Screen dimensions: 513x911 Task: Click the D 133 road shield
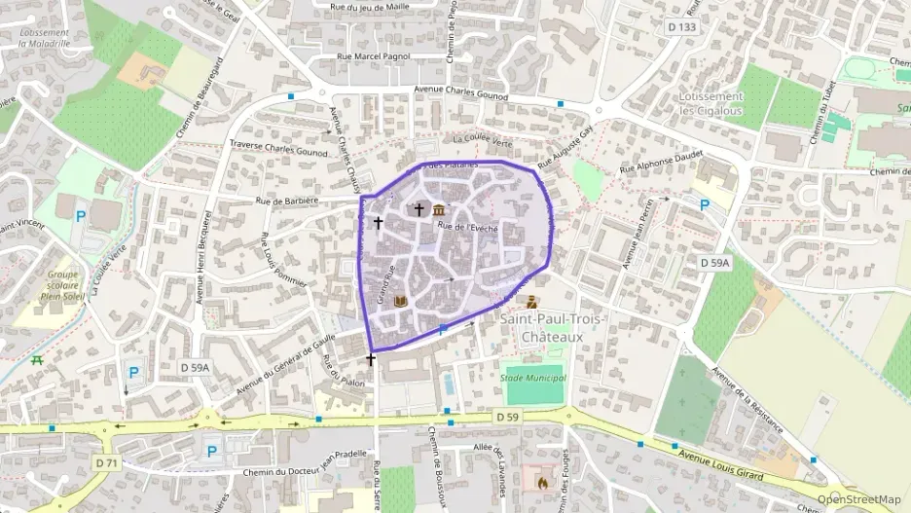[x=682, y=27]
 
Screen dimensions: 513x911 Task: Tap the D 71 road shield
[x=107, y=462]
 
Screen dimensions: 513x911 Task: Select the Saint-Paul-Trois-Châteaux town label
[x=551, y=328]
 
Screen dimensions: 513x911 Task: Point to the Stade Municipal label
[x=532, y=377]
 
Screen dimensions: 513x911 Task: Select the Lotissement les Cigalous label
[x=711, y=103]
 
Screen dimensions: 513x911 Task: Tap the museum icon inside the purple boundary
[x=439, y=210]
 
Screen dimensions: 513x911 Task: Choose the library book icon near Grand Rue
[x=399, y=303]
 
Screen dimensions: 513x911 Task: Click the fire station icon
[x=541, y=481]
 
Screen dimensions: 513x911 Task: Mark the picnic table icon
[x=37, y=360]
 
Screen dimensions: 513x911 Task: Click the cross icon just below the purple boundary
[x=370, y=360]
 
